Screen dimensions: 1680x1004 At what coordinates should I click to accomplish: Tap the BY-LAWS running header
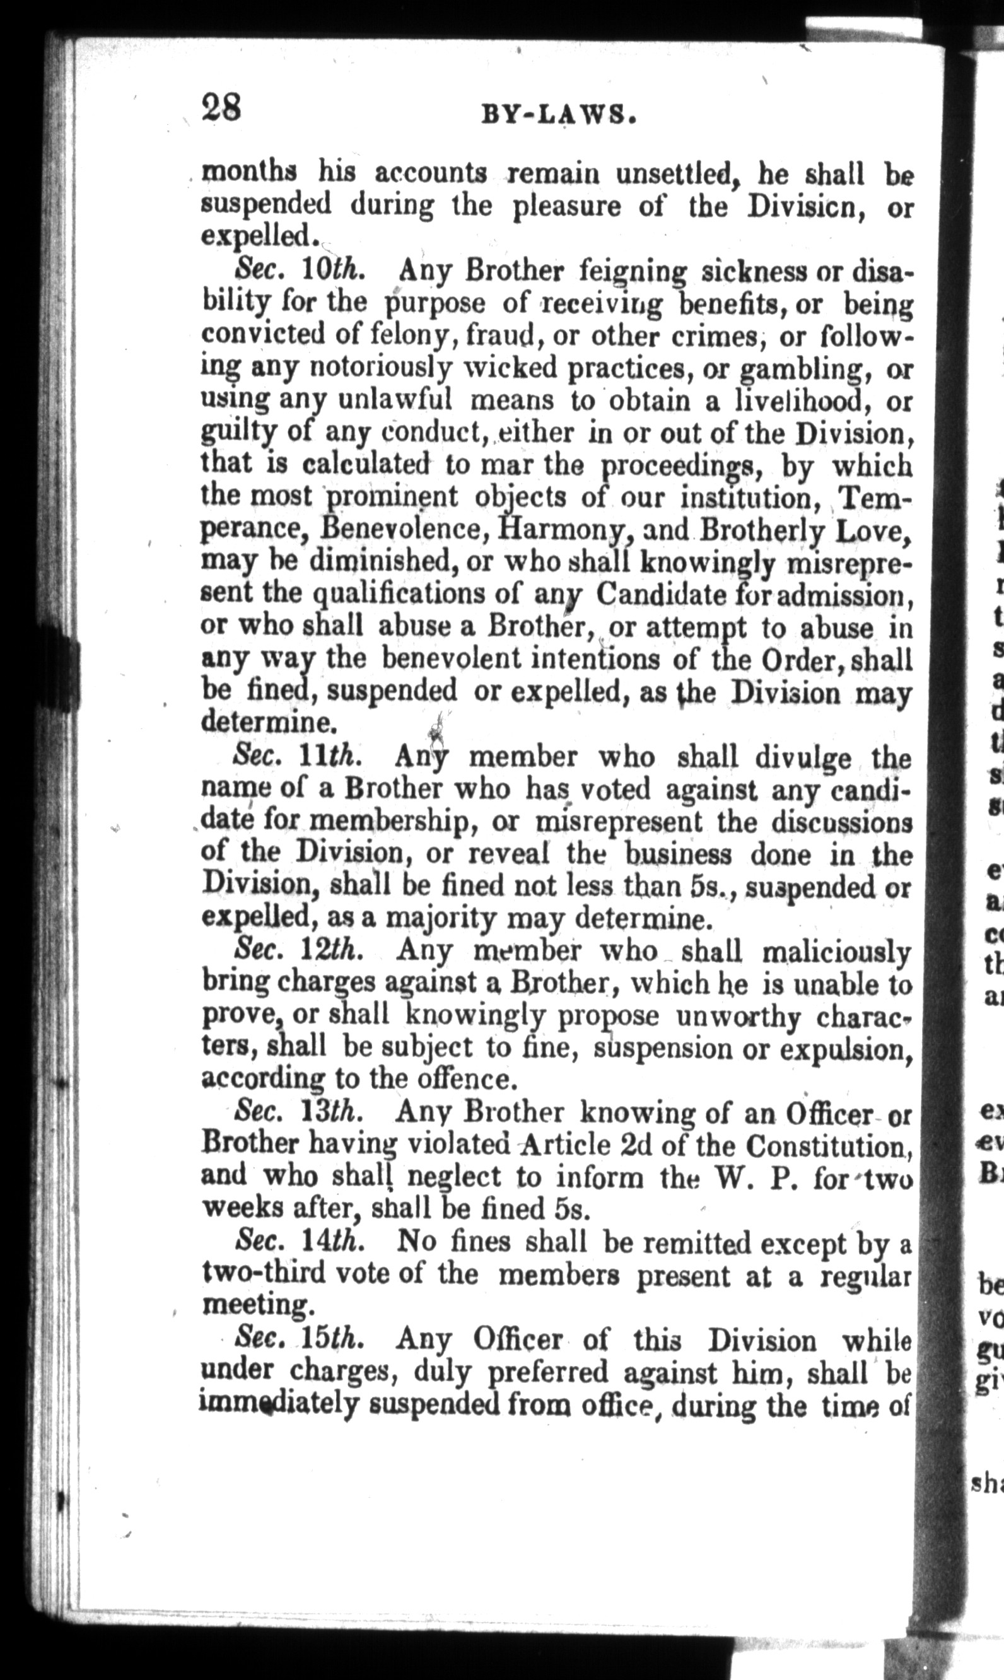pos(558,116)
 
